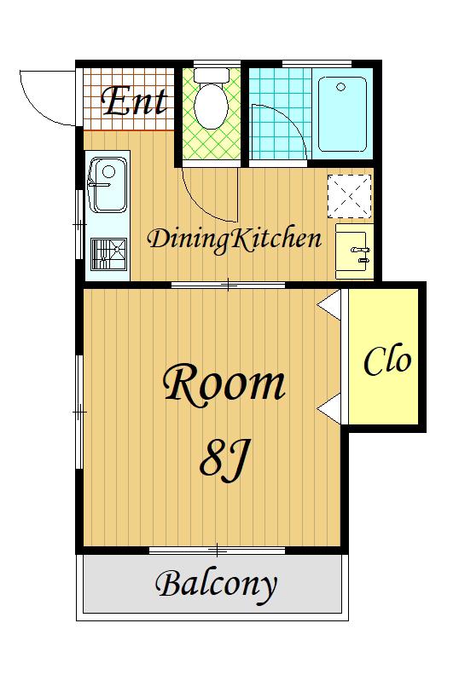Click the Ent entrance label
pos(134,101)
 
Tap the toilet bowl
pos(211,106)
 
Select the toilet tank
pos(212,75)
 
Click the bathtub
pos(342,113)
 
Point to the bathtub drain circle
pos(341,88)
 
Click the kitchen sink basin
pos(107,185)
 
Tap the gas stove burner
pos(108,254)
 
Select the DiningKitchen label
pos(235,239)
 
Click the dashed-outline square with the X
pos(349,196)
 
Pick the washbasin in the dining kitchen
pos(353,251)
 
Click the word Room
pos(224,382)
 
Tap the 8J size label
pos(224,459)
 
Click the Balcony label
pos(216,584)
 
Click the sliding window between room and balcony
pos(218,551)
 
